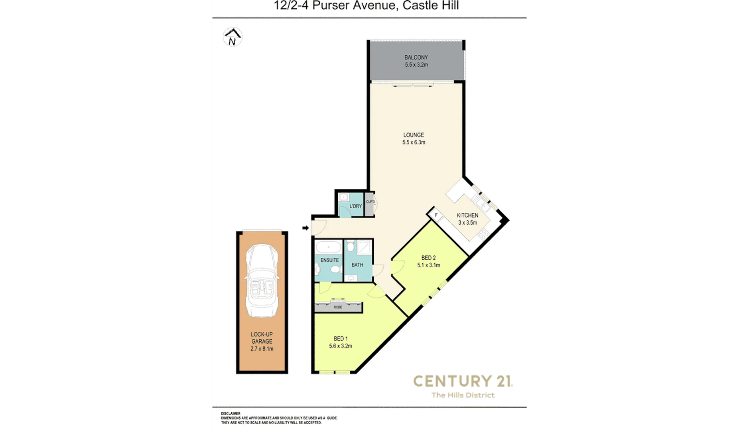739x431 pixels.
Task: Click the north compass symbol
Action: tap(233, 37)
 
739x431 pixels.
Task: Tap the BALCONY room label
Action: tap(416, 57)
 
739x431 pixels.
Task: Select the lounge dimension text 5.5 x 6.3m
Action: tap(414, 142)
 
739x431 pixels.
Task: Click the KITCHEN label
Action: tap(467, 215)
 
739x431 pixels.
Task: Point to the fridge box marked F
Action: tap(436, 215)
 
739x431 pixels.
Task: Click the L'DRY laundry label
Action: tap(355, 206)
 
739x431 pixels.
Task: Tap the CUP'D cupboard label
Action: tap(370, 202)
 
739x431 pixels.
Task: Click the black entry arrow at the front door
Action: tap(305, 228)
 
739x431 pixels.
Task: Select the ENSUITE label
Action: tap(329, 260)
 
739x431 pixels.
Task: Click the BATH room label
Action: tap(357, 265)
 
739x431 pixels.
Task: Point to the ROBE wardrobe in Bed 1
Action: tap(338, 307)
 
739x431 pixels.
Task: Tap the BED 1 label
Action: tap(341, 338)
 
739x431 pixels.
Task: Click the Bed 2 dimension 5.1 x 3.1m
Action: tap(429, 265)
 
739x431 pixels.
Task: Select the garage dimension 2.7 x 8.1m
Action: tap(262, 348)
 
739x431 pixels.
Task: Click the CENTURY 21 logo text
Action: tap(463, 381)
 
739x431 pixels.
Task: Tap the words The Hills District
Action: tap(463, 395)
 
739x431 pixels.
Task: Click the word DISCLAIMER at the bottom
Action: tap(231, 414)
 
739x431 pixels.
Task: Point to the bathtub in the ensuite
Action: tap(329, 247)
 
